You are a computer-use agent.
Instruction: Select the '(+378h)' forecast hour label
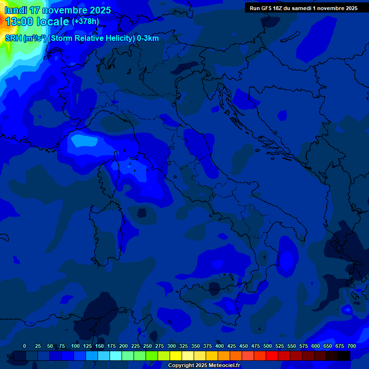85,22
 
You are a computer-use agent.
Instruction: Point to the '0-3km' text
148,38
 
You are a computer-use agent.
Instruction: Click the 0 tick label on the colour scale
25,346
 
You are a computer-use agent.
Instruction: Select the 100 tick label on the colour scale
75,346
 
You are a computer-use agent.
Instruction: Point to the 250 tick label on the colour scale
148,346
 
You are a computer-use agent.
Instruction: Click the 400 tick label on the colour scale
220,346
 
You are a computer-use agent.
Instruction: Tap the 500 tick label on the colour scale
268,346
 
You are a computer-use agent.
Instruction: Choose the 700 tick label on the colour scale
352,346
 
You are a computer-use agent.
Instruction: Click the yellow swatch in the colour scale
176,356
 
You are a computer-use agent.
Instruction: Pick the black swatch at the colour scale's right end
344,356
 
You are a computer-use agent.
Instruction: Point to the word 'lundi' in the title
15,10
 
